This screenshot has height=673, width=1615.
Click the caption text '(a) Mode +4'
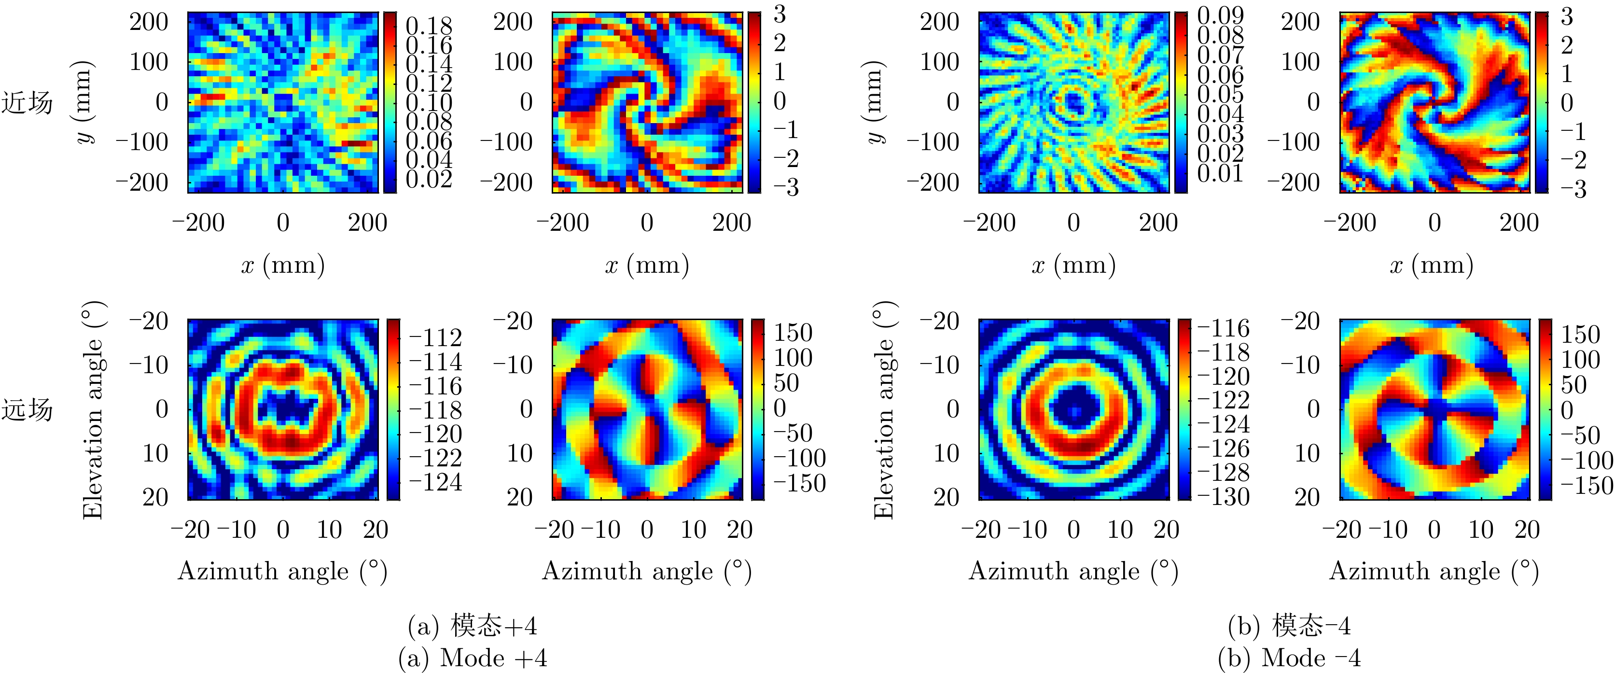point(473,658)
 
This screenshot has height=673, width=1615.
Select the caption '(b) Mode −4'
point(1289,658)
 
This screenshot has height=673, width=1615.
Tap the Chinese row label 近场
point(27,103)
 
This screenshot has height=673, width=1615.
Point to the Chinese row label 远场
point(27,409)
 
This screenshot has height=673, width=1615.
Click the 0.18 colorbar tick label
point(429,26)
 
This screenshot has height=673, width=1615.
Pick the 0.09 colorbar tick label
point(1220,15)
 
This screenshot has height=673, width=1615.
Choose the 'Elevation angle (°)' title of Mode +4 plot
point(93,410)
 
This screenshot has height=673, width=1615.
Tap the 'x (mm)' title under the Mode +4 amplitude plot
point(283,266)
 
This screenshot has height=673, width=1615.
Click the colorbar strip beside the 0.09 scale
point(1181,102)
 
